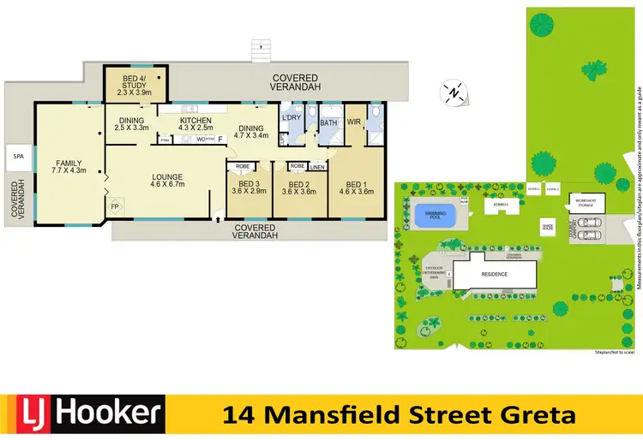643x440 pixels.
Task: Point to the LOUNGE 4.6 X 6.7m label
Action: point(167,181)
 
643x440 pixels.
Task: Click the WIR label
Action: point(353,122)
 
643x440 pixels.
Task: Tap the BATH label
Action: point(328,123)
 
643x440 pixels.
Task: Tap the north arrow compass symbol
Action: point(454,92)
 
